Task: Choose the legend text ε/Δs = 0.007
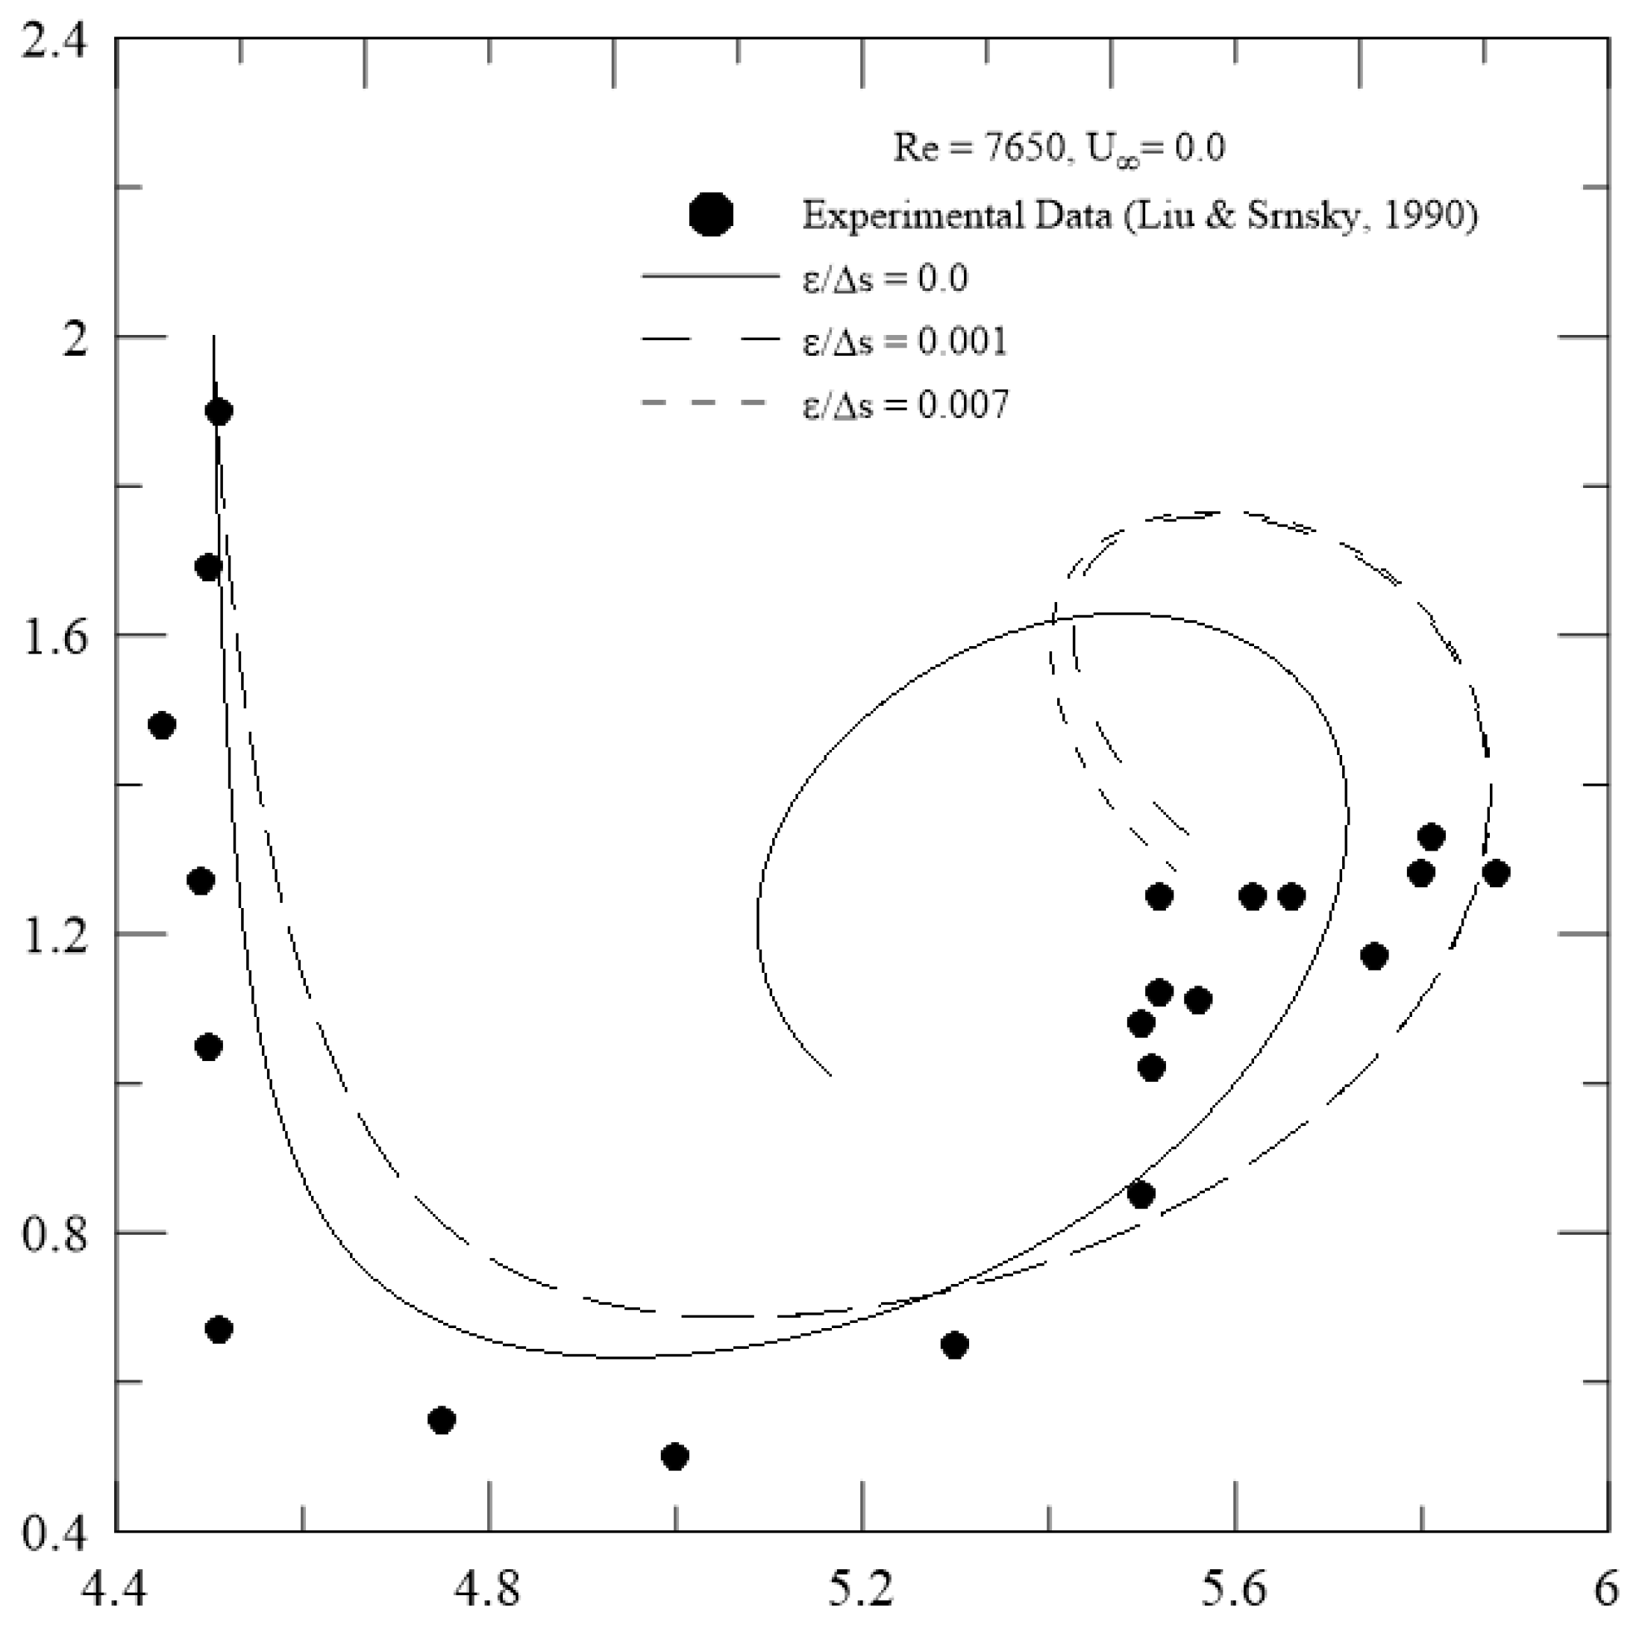click(x=904, y=404)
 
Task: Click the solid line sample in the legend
click(x=710, y=277)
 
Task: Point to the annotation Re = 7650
click(x=978, y=148)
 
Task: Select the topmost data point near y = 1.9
click(x=219, y=412)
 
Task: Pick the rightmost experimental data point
click(x=1495, y=874)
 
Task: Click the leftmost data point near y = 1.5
click(x=162, y=725)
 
